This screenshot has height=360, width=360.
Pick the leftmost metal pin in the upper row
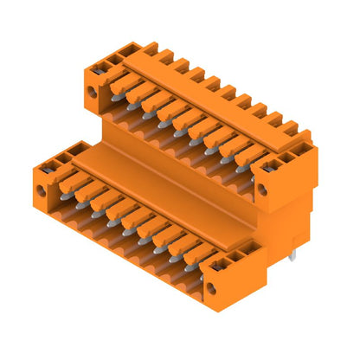click(x=116, y=98)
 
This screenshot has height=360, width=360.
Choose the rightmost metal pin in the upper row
click(x=241, y=165)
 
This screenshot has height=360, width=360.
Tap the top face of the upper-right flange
click(x=281, y=151)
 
